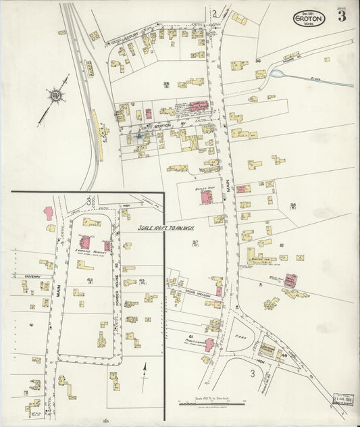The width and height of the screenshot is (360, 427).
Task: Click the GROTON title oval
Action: click(309, 19)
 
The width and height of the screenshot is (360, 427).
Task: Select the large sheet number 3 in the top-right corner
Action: click(342, 17)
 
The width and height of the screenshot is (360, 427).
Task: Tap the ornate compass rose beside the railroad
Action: click(55, 96)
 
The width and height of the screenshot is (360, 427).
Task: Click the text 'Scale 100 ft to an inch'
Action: click(164, 228)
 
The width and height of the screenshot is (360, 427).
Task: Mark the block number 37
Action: click(195, 243)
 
